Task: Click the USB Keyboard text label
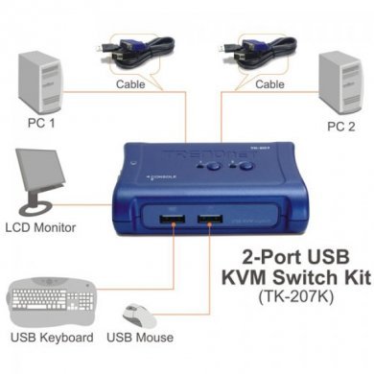51,338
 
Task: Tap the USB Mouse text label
140,338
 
